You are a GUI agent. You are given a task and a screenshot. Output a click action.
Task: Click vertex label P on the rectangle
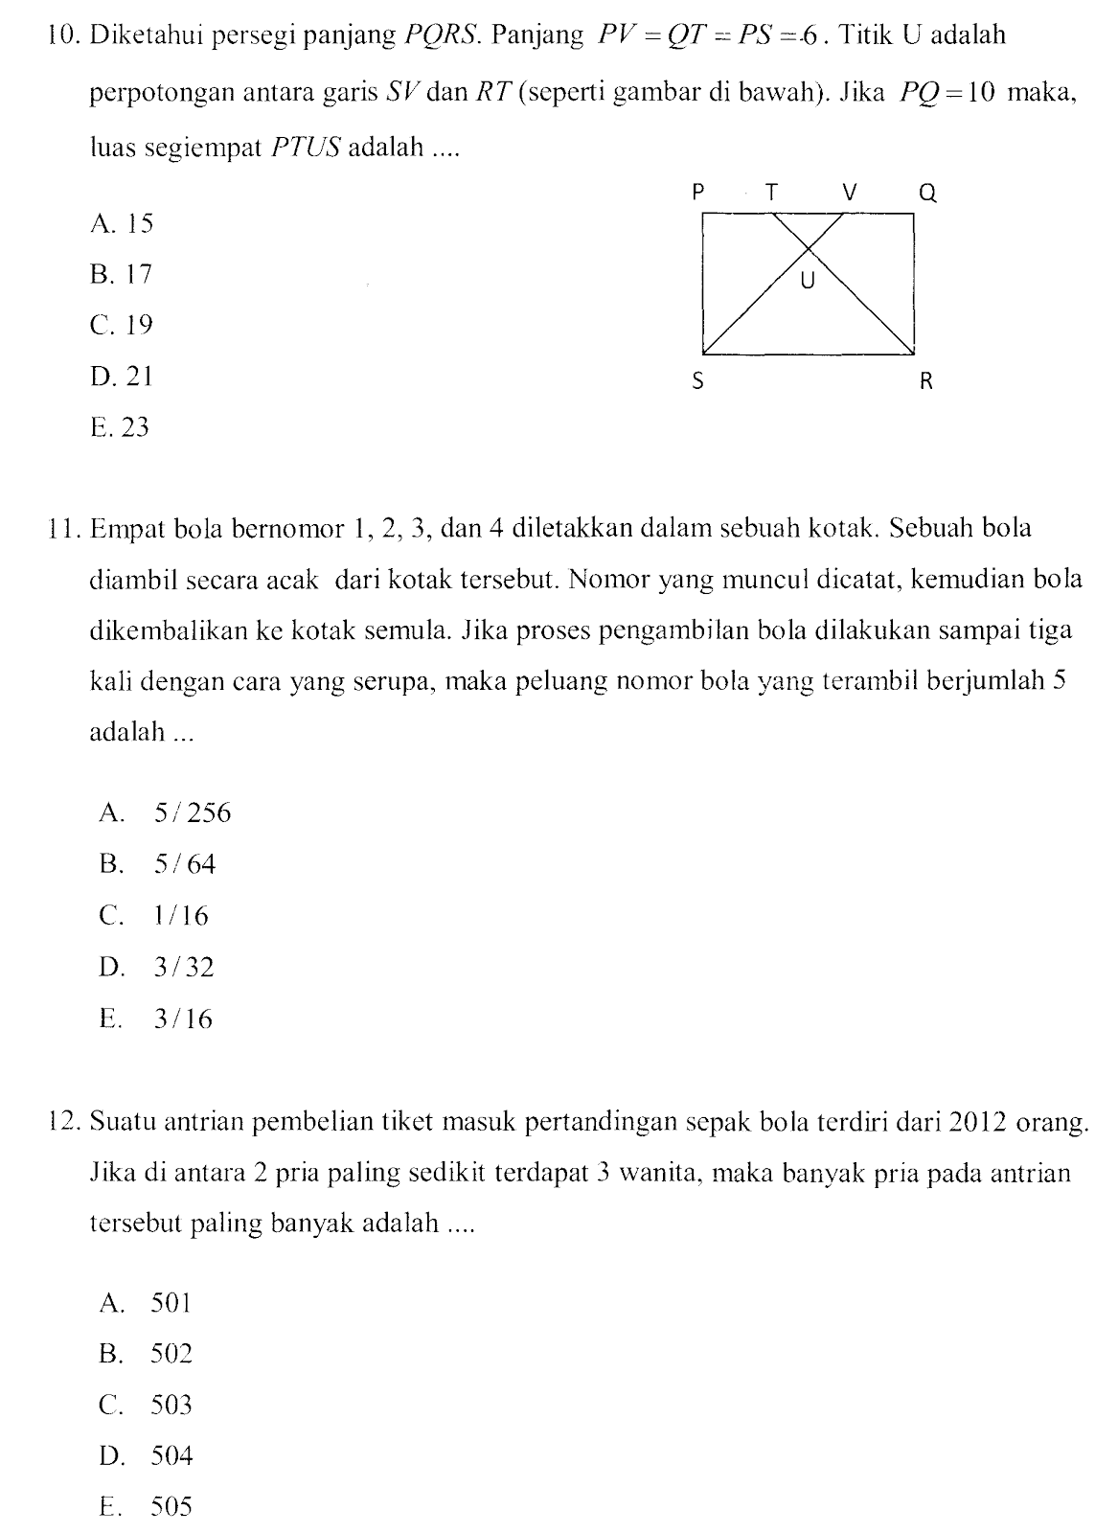[x=697, y=193]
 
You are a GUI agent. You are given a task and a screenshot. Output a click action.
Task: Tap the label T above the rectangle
[x=770, y=193]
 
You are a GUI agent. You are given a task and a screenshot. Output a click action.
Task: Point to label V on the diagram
[x=848, y=193]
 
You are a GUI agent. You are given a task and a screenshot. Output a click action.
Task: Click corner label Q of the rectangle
[x=926, y=194]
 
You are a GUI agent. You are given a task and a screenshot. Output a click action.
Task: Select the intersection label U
[x=808, y=282]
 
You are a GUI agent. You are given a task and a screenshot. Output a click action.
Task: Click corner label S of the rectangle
[x=697, y=382]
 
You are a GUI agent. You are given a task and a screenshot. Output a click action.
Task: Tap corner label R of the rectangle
[x=925, y=382]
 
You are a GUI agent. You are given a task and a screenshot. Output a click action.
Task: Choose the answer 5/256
[x=192, y=813]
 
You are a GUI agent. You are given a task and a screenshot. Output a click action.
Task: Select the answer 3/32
[x=183, y=968]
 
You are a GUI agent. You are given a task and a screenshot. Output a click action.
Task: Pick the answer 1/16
[x=180, y=916]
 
